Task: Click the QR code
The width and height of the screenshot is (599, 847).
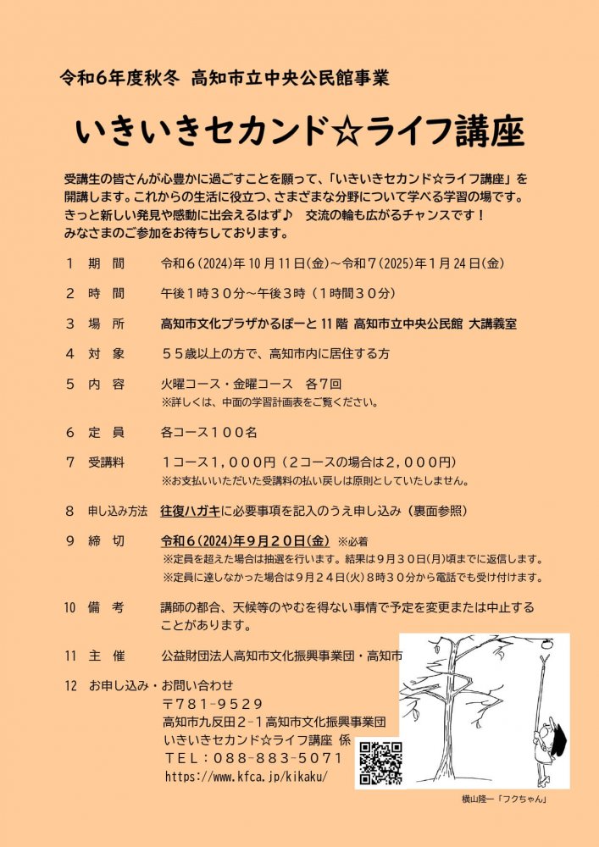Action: pos(380,762)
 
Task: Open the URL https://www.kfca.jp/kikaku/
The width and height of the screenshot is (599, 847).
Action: pos(245,776)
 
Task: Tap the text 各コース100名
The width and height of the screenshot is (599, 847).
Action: pos(209,432)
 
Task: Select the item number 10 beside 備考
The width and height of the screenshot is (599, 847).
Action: pos(70,607)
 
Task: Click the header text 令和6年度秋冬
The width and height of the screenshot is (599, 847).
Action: pos(119,79)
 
